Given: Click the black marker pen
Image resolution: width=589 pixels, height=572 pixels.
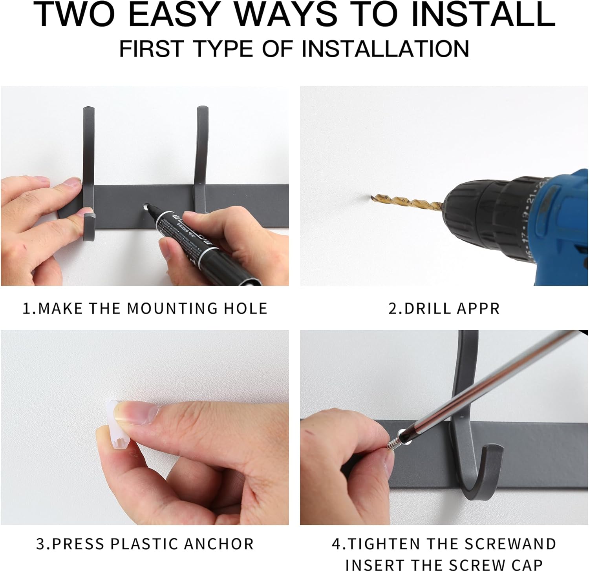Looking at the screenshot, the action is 200,243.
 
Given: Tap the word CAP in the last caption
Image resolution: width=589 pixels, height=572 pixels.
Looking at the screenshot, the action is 528,565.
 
